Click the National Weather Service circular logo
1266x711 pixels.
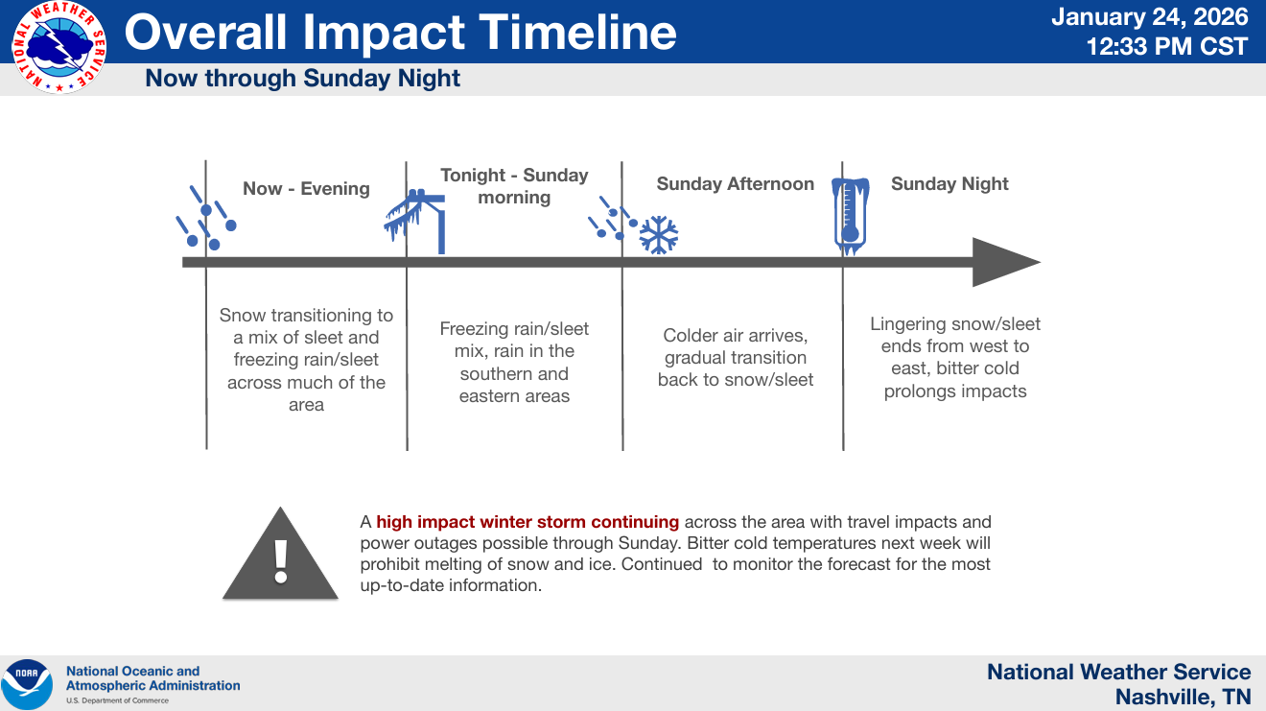59,48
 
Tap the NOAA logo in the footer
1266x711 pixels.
27,684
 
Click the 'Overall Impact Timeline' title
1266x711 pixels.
400,33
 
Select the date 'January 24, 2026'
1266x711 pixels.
1150,17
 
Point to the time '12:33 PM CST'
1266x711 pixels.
1167,46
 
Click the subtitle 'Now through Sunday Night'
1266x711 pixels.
302,78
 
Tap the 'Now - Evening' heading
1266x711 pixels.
306,188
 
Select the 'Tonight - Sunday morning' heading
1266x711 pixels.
514,186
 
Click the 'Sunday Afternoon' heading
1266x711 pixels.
736,184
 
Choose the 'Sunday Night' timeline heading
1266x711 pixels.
950,184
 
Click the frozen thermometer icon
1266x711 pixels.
850,216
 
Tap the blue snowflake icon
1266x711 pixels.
659,235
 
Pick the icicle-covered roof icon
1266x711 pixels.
415,221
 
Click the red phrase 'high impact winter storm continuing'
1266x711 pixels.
527,522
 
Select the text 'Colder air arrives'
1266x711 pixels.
735,336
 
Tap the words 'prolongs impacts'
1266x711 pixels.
955,391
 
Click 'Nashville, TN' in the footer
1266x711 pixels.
1183,697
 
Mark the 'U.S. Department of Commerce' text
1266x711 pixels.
118,700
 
